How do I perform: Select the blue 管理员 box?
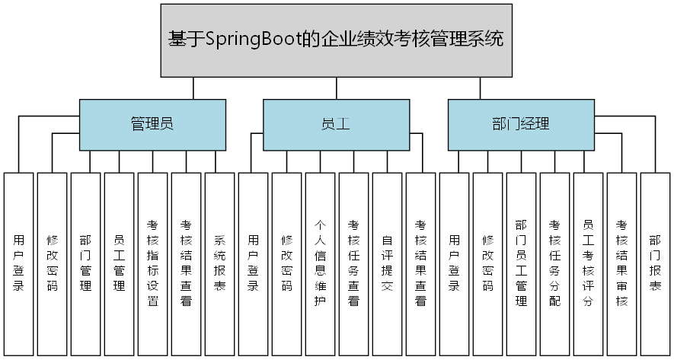pyautogui.click(x=152, y=124)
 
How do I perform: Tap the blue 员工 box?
pyautogui.click(x=336, y=124)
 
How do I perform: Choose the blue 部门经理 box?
pyautogui.click(x=520, y=124)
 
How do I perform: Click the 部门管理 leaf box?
pyautogui.click(x=85, y=263)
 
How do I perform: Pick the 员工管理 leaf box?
pyautogui.click(x=119, y=263)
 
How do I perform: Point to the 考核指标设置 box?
pyautogui.click(x=152, y=263)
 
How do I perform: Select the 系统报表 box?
pyautogui.click(x=219, y=263)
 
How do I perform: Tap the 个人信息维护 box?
pyautogui.click(x=320, y=263)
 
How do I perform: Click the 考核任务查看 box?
pyautogui.click(x=353, y=263)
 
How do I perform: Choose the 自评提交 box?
pyautogui.click(x=387, y=263)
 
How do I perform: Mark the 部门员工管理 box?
pyautogui.click(x=521, y=263)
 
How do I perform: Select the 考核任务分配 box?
pyautogui.click(x=554, y=263)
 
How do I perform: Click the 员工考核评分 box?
pyautogui.click(x=588, y=263)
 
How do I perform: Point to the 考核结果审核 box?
pyautogui.click(x=621, y=263)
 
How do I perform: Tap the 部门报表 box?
pyautogui.click(x=655, y=263)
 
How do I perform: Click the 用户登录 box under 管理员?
pyautogui.click(x=18, y=263)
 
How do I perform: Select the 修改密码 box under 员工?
pyautogui.click(x=286, y=263)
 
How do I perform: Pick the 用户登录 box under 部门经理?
pyautogui.click(x=454, y=263)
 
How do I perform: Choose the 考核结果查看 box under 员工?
pyautogui.click(x=420, y=263)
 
